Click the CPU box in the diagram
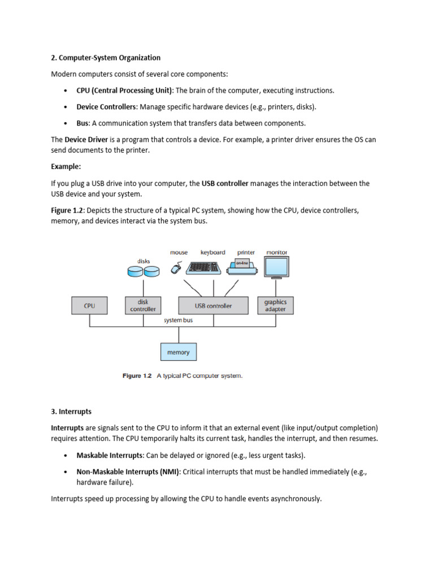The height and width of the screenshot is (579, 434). point(90,305)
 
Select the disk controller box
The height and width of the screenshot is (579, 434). point(143,305)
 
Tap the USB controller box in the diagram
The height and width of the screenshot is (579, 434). point(213,305)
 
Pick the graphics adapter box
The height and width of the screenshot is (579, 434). point(275,305)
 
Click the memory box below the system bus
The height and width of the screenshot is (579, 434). point(179,352)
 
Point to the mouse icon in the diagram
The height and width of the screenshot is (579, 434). point(177,269)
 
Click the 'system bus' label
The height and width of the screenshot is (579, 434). point(179,320)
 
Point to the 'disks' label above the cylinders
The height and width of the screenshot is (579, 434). point(144,261)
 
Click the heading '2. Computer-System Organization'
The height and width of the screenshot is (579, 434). point(106,58)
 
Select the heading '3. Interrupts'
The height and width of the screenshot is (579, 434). point(71,411)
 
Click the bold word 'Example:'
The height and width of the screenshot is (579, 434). point(66,167)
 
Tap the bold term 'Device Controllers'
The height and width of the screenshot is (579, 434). point(106,107)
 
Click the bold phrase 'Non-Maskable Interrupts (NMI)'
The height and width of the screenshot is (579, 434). point(128,472)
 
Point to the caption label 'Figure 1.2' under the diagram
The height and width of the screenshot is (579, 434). point(137,376)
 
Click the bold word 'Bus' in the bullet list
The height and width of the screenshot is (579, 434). point(83,123)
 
